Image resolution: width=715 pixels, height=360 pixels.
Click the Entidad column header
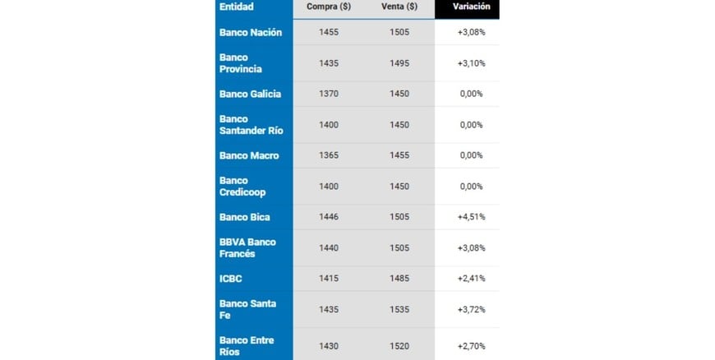[x=237, y=7]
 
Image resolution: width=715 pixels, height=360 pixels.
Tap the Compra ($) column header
[x=329, y=7]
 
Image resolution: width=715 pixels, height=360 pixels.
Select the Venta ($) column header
[x=399, y=7]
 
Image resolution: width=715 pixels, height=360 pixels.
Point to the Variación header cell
[x=471, y=7]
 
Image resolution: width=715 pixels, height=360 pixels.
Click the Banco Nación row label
[x=251, y=33]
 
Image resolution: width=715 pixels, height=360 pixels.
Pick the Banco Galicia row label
[x=250, y=94]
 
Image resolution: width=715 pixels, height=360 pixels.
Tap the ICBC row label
[x=231, y=279]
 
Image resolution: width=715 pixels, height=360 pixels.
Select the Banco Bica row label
[x=244, y=218]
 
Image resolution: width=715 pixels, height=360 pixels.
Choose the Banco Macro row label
[x=249, y=156]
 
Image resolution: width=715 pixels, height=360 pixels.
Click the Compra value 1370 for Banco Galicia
[x=329, y=94]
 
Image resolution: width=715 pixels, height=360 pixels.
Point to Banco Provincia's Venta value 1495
[x=399, y=63]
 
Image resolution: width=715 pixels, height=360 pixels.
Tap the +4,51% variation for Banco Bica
[x=471, y=218]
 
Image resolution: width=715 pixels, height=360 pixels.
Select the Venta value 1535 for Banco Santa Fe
[x=399, y=309]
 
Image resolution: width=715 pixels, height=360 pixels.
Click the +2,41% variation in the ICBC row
[x=471, y=279]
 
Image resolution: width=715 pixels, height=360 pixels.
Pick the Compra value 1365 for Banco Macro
[x=329, y=156]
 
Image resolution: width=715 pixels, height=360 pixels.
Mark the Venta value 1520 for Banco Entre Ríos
[x=399, y=346]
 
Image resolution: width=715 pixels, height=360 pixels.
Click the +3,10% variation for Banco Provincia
[x=471, y=63]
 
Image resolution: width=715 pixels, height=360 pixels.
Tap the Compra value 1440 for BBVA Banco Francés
[x=329, y=248]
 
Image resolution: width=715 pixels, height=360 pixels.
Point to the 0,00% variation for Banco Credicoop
[x=471, y=187]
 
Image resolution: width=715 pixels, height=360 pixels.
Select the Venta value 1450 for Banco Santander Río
[x=399, y=125]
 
